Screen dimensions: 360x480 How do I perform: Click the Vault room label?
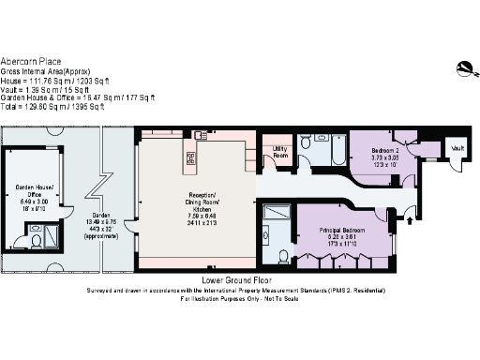point(457,148)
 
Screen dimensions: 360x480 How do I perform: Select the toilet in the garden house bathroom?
point(35,240)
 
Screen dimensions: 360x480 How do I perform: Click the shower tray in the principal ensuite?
point(278,215)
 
